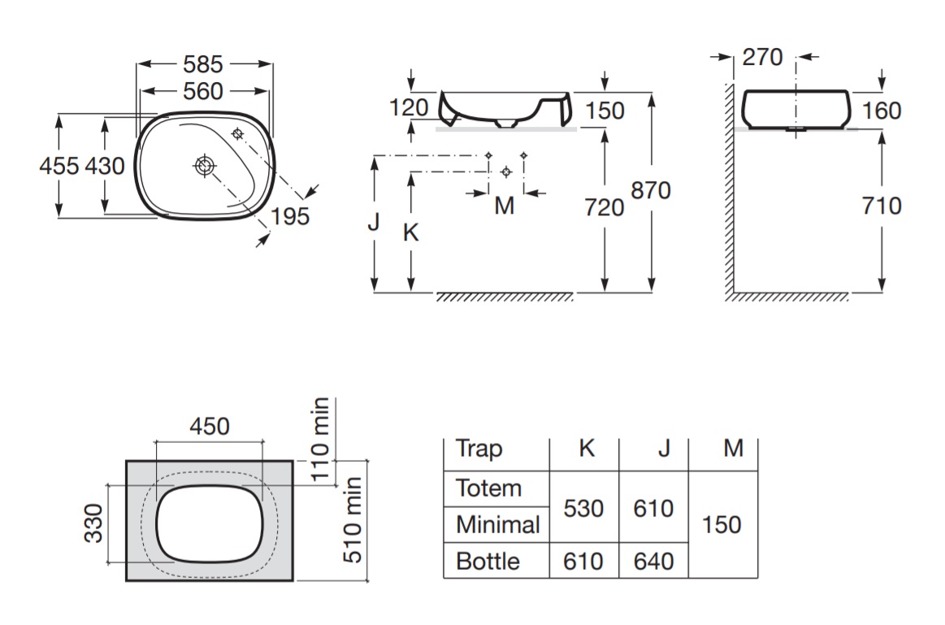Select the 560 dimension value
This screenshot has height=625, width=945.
coord(203,92)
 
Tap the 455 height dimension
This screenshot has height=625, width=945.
coord(59,167)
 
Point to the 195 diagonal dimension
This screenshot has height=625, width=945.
coord(290,216)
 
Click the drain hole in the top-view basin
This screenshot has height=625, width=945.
coord(204,167)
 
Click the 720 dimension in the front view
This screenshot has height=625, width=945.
coord(605,207)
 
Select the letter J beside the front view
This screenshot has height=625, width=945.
coord(373,221)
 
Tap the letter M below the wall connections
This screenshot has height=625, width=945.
coord(505,206)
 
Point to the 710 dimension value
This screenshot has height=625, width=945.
coord(882,206)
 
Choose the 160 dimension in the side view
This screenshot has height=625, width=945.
coord(882,110)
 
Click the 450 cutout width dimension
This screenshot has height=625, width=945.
coord(210,426)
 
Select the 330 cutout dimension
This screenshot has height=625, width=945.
coord(94,523)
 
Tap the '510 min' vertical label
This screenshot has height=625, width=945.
coord(352,520)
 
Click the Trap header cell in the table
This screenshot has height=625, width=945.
coord(479,448)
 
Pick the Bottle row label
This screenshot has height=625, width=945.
coord(488,562)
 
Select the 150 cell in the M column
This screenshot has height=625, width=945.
coord(722,524)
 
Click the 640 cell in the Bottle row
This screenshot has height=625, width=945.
coord(653,562)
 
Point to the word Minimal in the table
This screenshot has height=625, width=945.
coord(497,525)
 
